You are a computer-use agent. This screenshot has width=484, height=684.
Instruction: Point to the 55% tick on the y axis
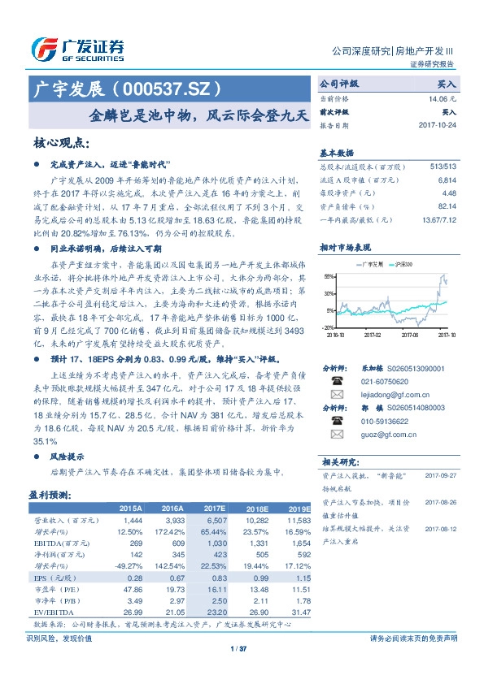pos(329,276)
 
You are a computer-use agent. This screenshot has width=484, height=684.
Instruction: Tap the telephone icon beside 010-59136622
pos(335,421)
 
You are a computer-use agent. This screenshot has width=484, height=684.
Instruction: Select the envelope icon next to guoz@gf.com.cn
pos(335,434)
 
